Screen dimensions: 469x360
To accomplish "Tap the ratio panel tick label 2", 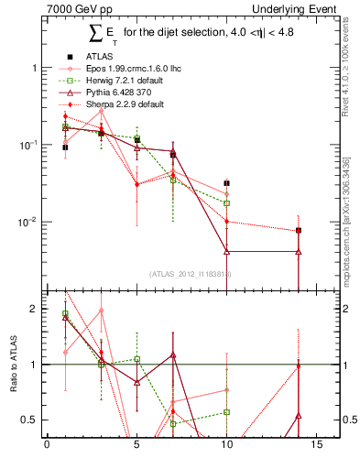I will tap(33, 309).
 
